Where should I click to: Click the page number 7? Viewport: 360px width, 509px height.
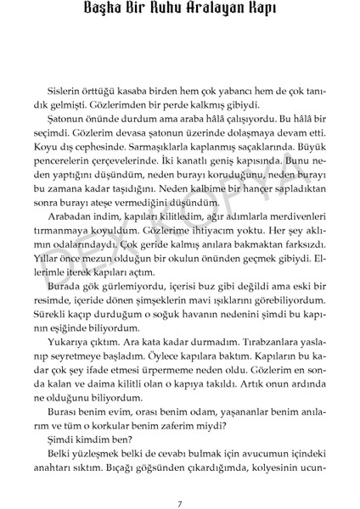coord(180,482)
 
